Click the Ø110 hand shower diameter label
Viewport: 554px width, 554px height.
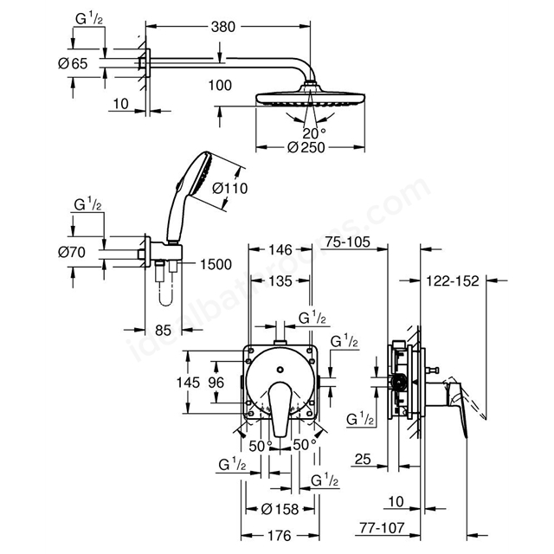click(x=230, y=187)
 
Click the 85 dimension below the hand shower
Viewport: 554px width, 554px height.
click(x=161, y=330)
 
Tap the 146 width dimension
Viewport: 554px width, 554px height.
click(x=280, y=248)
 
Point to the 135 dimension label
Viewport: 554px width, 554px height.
click(x=279, y=280)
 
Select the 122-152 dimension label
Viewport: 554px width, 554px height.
click(x=454, y=280)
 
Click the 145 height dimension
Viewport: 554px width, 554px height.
click(x=200, y=382)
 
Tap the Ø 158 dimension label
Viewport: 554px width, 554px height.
click(x=280, y=508)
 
